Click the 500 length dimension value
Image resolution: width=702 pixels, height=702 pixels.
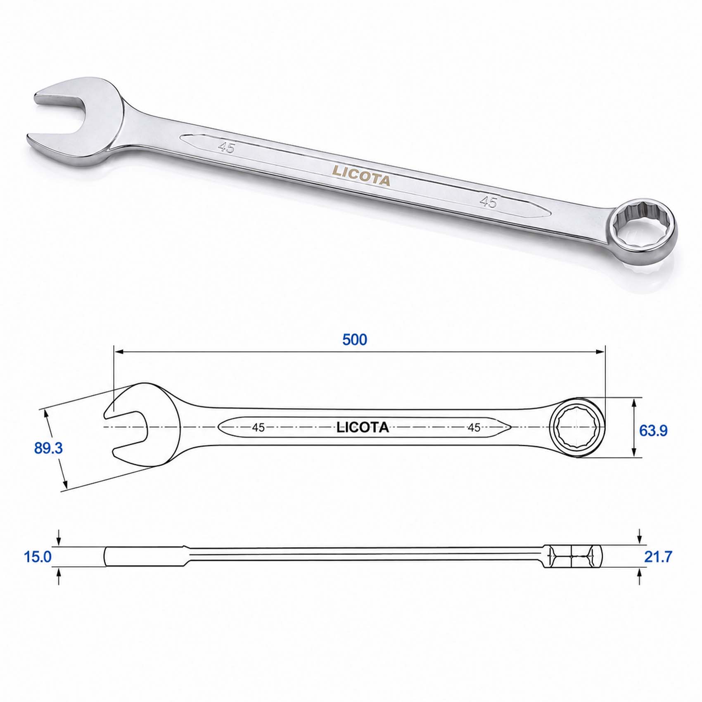355,339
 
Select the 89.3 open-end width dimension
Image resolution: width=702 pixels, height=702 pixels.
48,448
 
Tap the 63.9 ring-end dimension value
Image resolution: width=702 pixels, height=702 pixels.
653,431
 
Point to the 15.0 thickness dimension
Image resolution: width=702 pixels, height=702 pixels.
38,557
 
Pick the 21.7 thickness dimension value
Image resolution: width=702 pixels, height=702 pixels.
658,557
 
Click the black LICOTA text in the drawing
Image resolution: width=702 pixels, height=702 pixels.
363,427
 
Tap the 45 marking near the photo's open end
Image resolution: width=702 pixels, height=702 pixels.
227,147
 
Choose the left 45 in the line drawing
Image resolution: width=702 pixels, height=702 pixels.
259,427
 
